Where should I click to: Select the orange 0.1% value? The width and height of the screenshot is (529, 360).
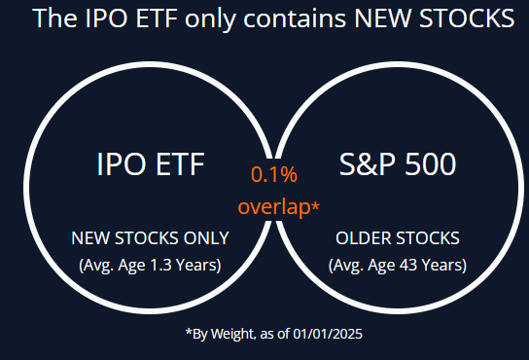274,175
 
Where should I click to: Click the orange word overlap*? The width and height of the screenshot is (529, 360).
279,207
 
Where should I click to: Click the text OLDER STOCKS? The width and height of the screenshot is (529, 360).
397,237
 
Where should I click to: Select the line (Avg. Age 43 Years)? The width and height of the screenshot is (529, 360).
397,265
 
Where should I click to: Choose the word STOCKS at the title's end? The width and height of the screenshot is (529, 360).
463,18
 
